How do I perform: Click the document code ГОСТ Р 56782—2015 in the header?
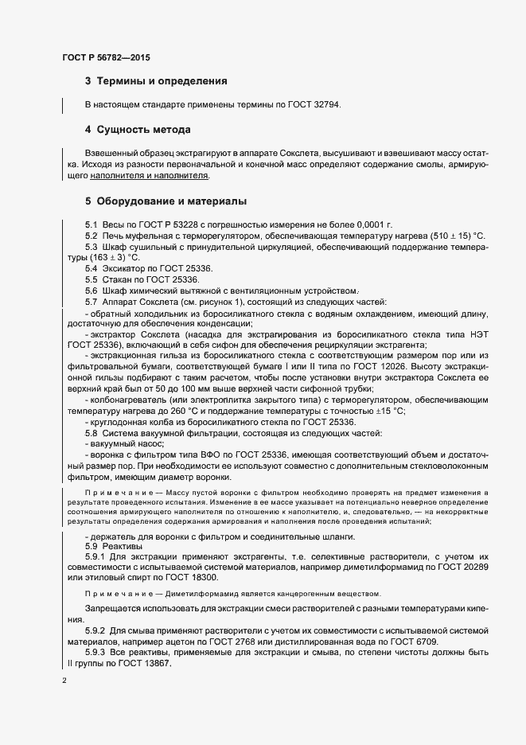pos(106,57)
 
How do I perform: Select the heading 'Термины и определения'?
pos(162,81)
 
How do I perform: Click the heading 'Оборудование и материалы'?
pos(171,201)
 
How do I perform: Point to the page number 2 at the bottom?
pos(64,681)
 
